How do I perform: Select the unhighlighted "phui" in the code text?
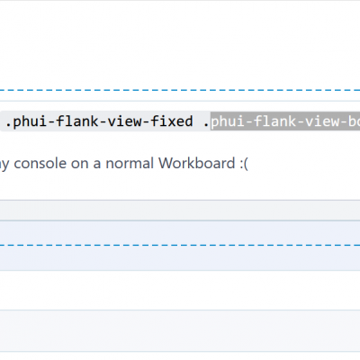tap(30, 122)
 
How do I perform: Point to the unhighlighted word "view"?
tap(124, 121)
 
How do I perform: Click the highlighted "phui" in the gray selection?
tap(227, 122)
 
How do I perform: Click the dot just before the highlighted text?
tap(206, 125)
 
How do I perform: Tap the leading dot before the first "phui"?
tap(8, 125)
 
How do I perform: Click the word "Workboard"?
tap(196, 163)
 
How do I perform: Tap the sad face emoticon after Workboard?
tap(244, 164)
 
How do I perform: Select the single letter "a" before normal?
tap(97, 165)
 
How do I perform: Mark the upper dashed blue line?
tap(180, 90)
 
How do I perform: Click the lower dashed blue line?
tap(180, 245)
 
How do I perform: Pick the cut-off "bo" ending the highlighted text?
tap(354, 121)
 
